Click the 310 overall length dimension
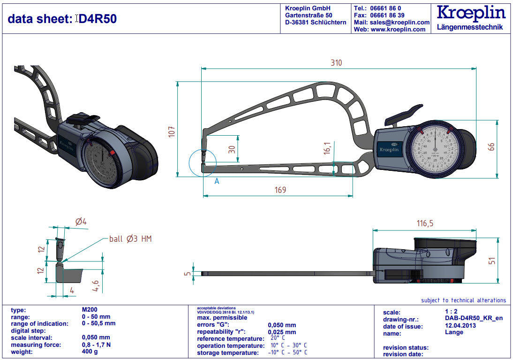coord(336,63)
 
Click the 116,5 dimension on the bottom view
coord(424,223)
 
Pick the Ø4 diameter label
coord(81,222)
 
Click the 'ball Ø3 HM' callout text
coord(130,239)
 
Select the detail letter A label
coord(217,181)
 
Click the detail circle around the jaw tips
coord(202,162)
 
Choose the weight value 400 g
coord(90,352)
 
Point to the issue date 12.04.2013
coord(460,326)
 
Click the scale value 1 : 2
coord(453,312)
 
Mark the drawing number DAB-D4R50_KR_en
coord(474,318)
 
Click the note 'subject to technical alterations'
coord(463,300)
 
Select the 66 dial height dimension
coord(491,147)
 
